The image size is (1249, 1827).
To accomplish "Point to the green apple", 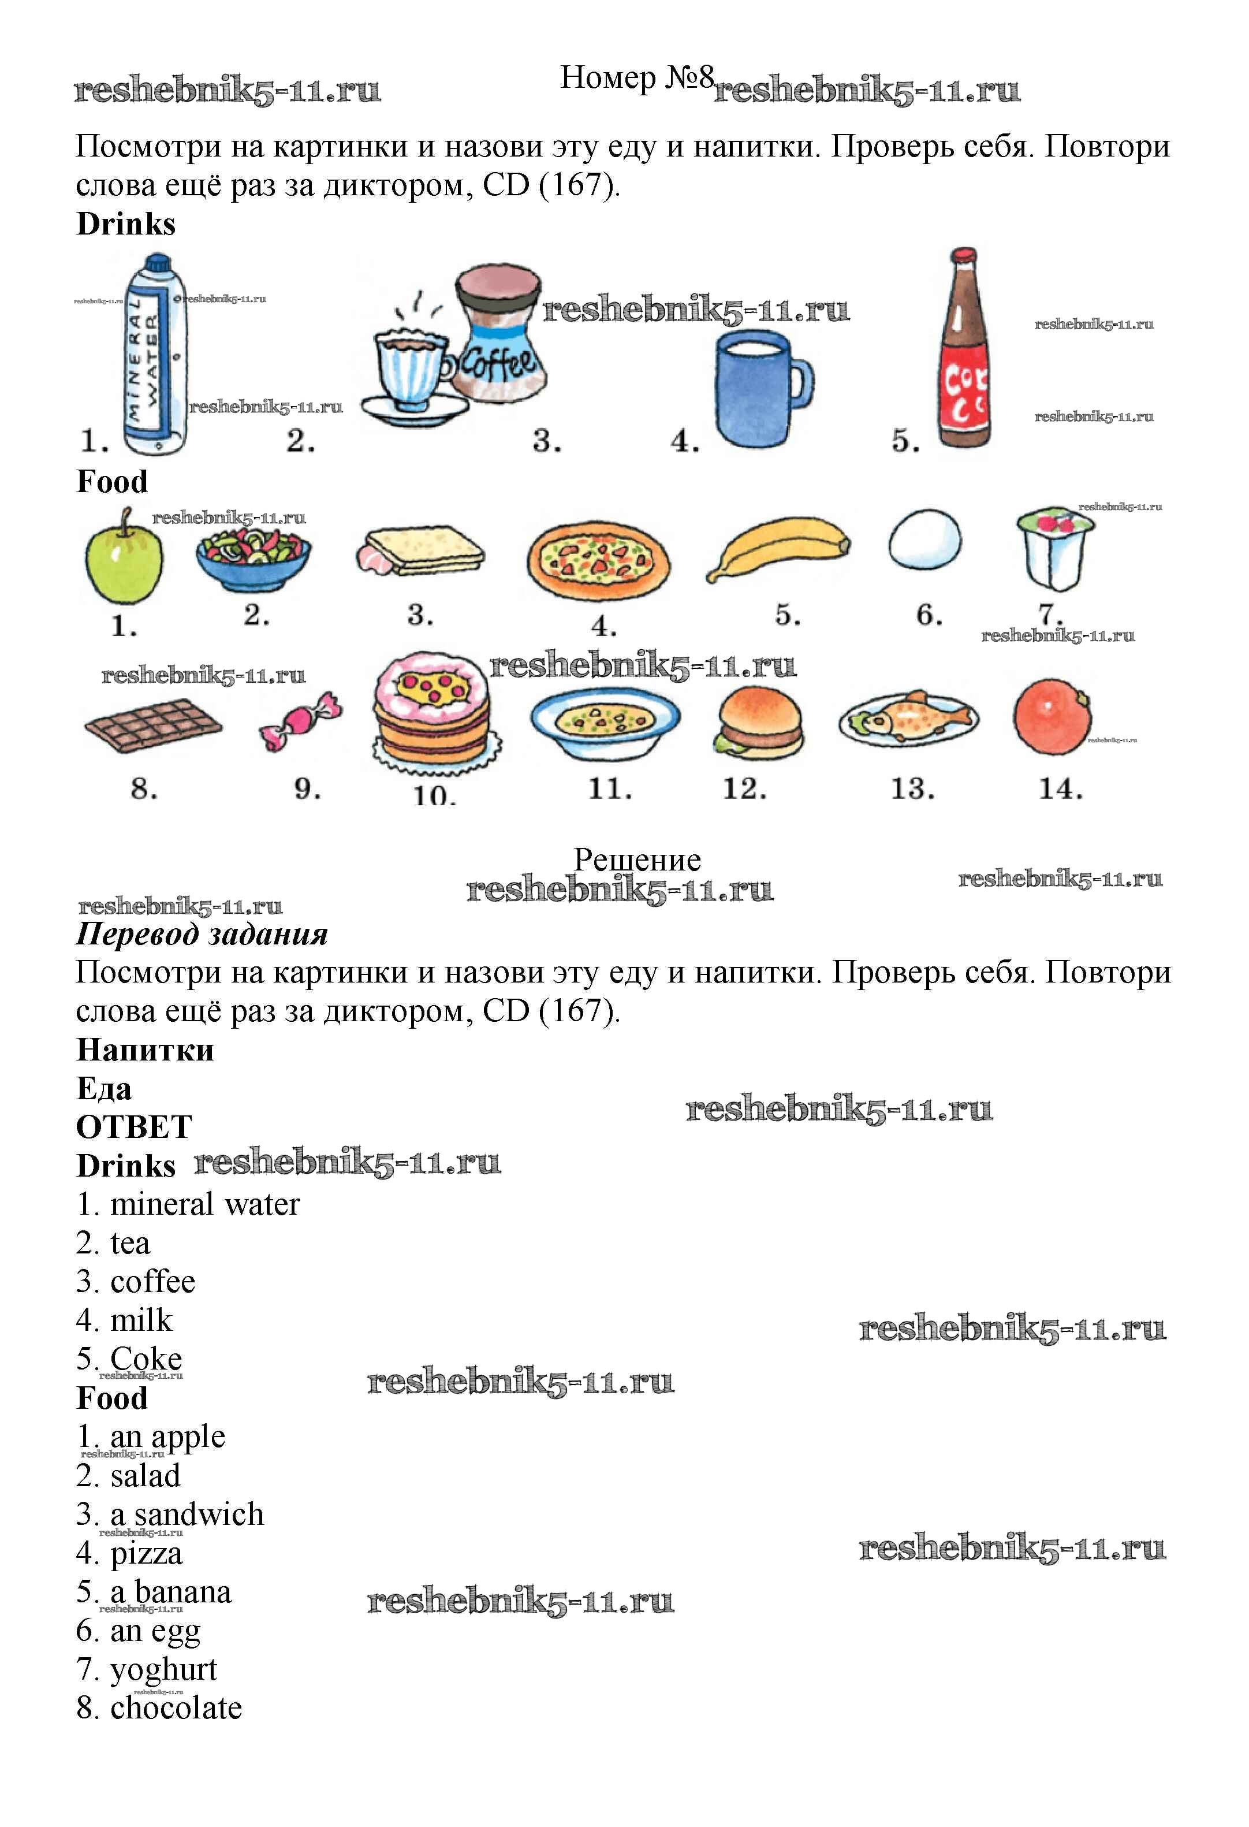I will [x=124, y=558].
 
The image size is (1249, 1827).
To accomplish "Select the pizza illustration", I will [x=598, y=560].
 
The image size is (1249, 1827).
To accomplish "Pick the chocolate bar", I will [x=152, y=725].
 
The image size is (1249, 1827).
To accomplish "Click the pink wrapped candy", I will [x=300, y=721].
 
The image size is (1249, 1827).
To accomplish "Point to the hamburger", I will [x=759, y=721].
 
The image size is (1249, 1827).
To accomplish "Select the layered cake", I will [x=431, y=712].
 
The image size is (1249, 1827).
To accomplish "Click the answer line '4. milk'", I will [x=124, y=1320].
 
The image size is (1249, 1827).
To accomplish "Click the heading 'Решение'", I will [x=637, y=859].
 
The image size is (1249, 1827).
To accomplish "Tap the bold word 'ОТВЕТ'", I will [x=133, y=1126].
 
